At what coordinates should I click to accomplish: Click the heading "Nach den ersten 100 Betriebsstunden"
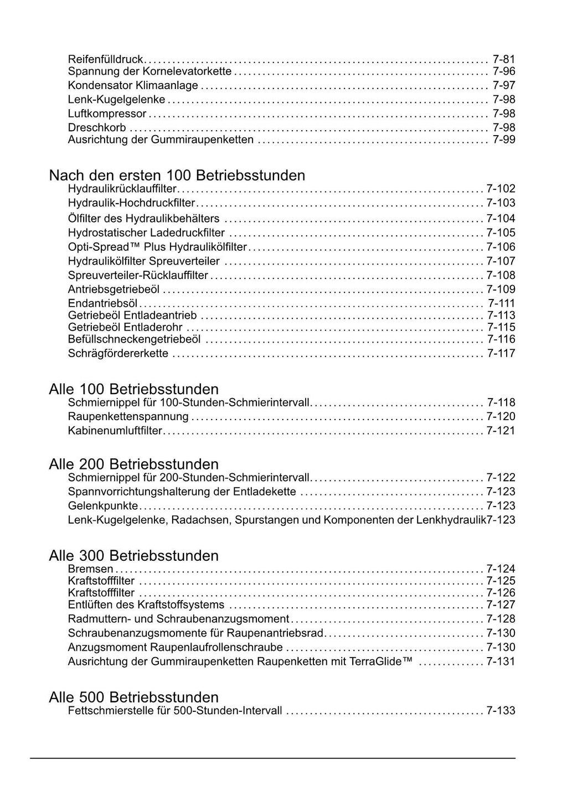pyautogui.click(x=177, y=175)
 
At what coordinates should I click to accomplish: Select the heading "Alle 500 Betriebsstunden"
pyautogui.click(x=133, y=697)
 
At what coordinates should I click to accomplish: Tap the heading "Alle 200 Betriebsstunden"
pyautogui.click(x=133, y=464)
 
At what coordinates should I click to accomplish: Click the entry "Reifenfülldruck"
pyautogui.click(x=105, y=59)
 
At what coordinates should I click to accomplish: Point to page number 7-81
pyautogui.click(x=503, y=59)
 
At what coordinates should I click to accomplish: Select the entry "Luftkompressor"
pyautogui.click(x=107, y=113)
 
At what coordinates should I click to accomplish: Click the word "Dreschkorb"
pyautogui.click(x=97, y=128)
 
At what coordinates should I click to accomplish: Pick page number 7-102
pyautogui.click(x=501, y=189)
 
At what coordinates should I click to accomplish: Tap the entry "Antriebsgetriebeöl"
pyautogui.click(x=114, y=290)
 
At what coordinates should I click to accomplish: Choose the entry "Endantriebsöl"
pyautogui.click(x=102, y=303)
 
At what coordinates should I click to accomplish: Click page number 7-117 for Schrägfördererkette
pyautogui.click(x=501, y=353)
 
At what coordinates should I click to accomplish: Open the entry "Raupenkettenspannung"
pyautogui.click(x=128, y=416)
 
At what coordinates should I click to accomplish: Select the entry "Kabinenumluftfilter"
pyautogui.click(x=115, y=431)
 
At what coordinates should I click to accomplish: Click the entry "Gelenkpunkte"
pyautogui.click(x=103, y=505)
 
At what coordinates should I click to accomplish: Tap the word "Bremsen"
pyautogui.click(x=90, y=569)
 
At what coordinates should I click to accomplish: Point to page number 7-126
pyautogui.click(x=501, y=593)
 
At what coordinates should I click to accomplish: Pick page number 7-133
pyautogui.click(x=501, y=711)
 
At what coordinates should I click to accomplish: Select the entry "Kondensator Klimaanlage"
pyautogui.click(x=133, y=85)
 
